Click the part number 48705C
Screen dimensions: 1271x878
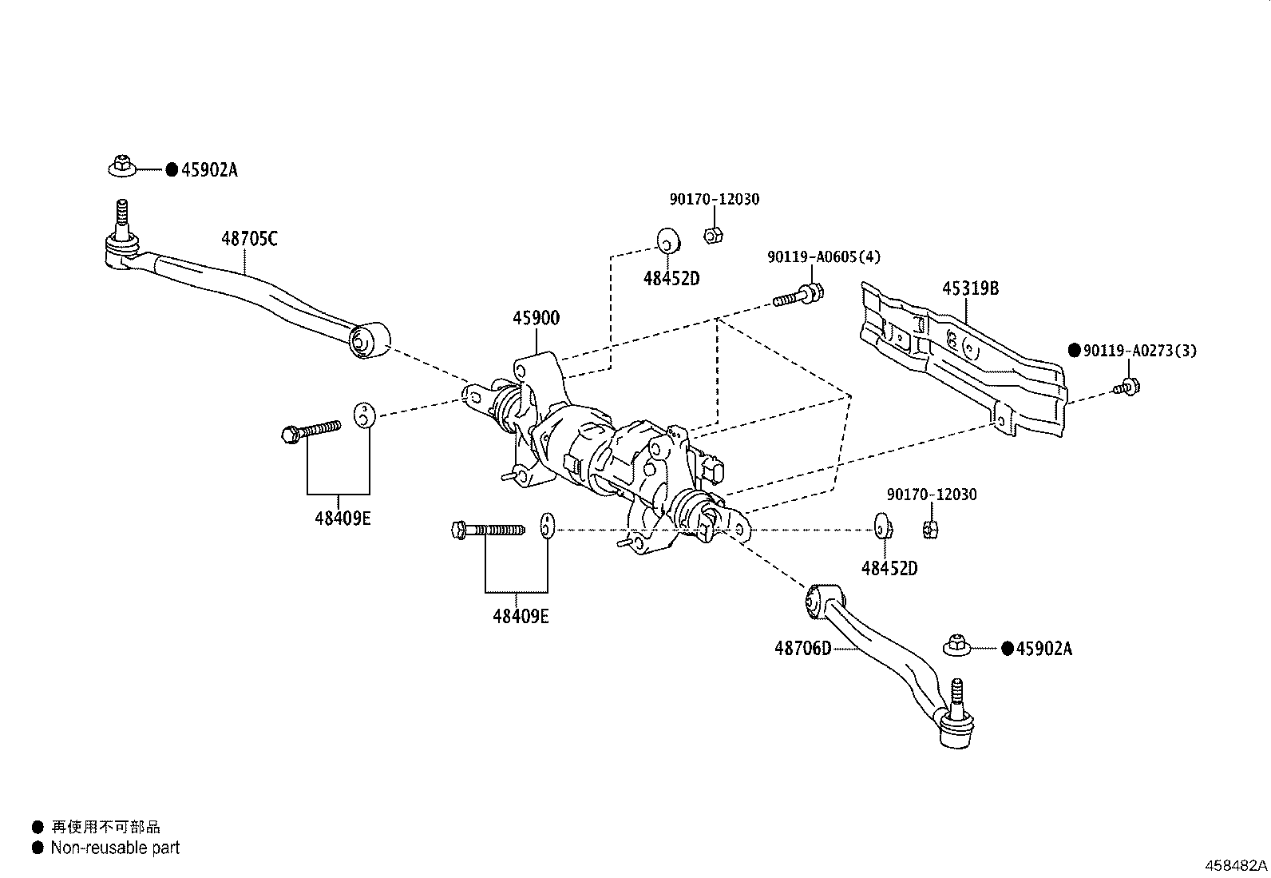[250, 239]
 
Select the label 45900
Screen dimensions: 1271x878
[537, 318]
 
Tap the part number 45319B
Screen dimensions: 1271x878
[970, 288]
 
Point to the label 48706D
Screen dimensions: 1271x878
[803, 648]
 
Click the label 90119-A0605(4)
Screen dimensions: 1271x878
[824, 257]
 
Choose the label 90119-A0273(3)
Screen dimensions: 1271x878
[1140, 351]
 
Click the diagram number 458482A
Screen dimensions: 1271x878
[1236, 865]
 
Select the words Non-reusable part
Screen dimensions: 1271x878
[115, 848]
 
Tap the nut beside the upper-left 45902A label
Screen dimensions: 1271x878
[122, 166]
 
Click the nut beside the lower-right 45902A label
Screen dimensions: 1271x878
[957, 646]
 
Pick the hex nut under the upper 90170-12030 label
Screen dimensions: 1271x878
[713, 234]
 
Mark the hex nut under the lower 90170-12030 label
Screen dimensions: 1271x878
[931, 530]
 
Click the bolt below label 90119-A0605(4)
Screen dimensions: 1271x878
[799, 296]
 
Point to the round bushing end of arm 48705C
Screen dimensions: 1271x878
[370, 340]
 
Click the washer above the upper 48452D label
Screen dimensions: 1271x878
[669, 240]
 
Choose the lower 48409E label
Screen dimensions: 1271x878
[521, 616]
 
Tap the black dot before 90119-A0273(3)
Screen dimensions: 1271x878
[1074, 351]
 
